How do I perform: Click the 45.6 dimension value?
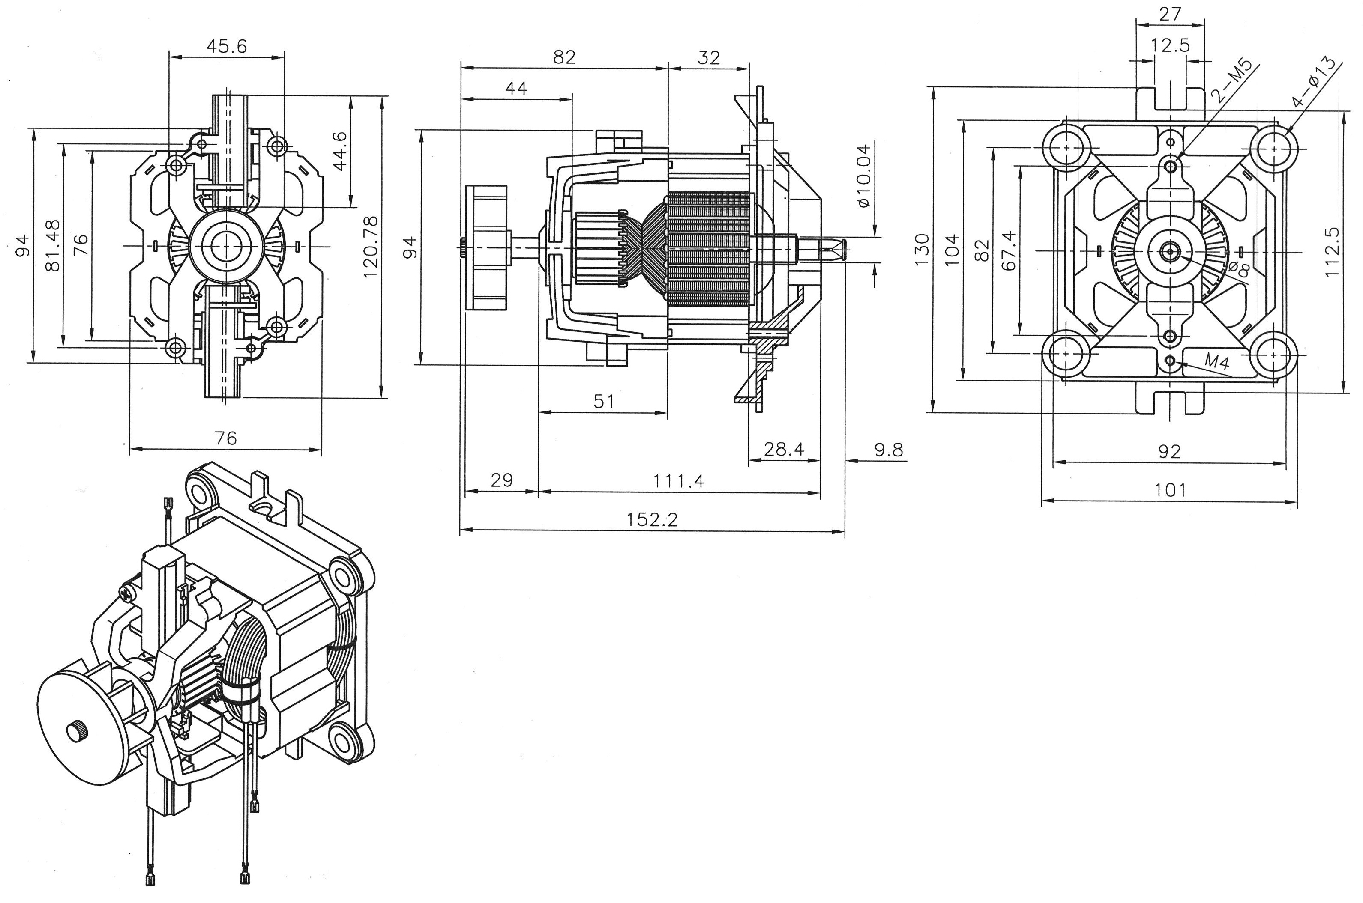coord(227,46)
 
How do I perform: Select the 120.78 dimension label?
coord(370,247)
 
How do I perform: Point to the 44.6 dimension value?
coord(340,151)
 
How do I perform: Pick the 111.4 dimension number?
coord(678,480)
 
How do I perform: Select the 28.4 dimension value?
coord(784,449)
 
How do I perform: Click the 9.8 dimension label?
coord(888,449)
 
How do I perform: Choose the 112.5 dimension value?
coord(1331,252)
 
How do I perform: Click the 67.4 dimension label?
coord(1009,250)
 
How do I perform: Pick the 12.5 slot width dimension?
coord(1170,45)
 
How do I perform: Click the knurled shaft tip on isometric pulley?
coord(76,731)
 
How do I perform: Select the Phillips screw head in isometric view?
coord(127,591)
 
